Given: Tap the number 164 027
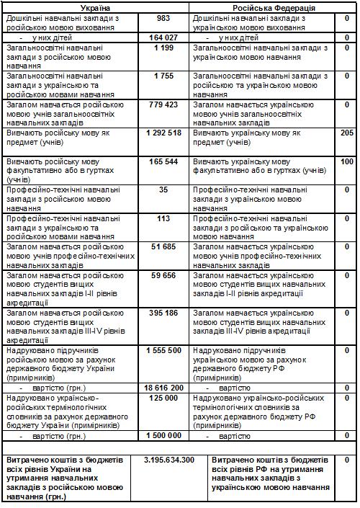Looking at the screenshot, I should click(163, 37).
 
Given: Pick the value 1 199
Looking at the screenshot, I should click(163, 47).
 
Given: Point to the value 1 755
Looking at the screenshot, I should click(163, 75).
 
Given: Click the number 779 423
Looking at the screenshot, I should click(162, 104).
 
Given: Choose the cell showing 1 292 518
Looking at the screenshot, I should click(162, 133).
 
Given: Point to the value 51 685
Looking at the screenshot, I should click(163, 246).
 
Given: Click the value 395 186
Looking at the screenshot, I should click(163, 313).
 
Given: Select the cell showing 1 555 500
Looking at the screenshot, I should click(162, 350).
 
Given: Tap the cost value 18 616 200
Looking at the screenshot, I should click(162, 388).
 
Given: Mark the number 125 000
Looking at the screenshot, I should click(163, 397).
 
